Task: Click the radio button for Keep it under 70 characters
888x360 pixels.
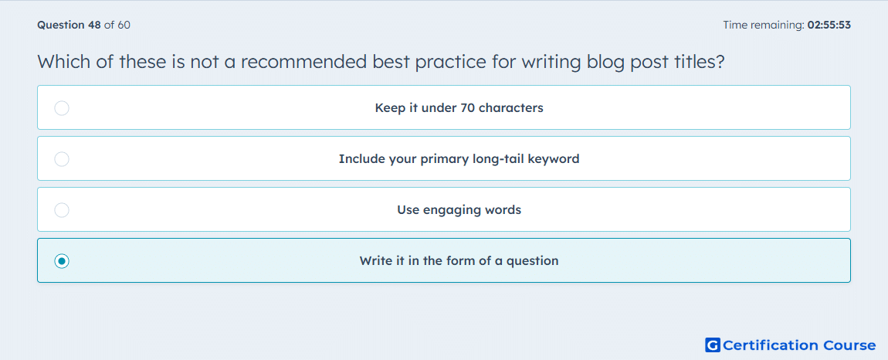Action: pyautogui.click(x=62, y=107)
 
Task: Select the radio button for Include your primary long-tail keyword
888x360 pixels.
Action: pyautogui.click(x=62, y=158)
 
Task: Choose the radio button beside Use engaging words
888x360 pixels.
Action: pyautogui.click(x=62, y=210)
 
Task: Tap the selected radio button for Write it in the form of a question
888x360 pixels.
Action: pyautogui.click(x=62, y=261)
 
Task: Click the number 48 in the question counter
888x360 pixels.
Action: pyautogui.click(x=94, y=25)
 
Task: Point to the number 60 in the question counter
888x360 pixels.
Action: pyautogui.click(x=124, y=25)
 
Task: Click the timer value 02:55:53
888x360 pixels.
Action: pyautogui.click(x=829, y=25)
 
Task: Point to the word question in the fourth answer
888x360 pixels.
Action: pyautogui.click(x=532, y=261)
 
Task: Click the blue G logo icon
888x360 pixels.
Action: pyautogui.click(x=713, y=345)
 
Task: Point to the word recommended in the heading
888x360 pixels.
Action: pyautogui.click(x=303, y=62)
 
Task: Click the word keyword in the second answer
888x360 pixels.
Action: pyautogui.click(x=554, y=159)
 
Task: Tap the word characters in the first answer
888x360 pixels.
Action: pyautogui.click(x=511, y=107)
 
